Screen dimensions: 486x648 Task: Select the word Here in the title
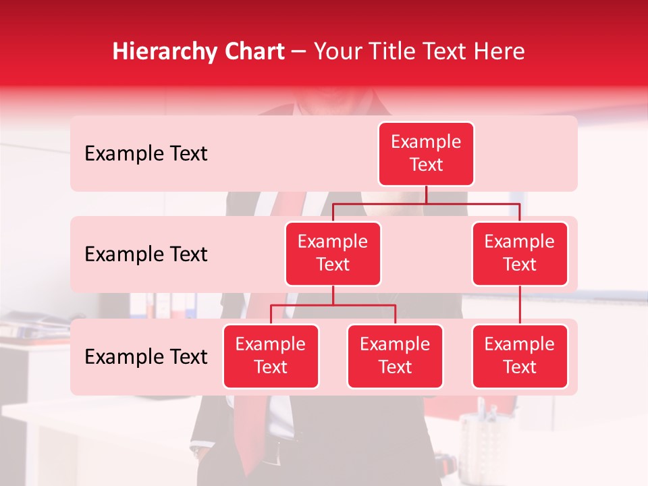(499, 51)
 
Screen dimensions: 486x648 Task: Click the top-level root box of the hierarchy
(426, 154)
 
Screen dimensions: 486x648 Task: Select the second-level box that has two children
(333, 254)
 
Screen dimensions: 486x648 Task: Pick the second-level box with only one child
(520, 254)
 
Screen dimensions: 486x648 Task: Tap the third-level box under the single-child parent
(520, 356)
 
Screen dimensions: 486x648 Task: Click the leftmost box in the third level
(271, 356)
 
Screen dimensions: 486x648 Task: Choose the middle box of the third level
(395, 356)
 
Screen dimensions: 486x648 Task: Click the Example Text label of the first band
(146, 154)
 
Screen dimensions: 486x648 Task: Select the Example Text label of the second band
(146, 254)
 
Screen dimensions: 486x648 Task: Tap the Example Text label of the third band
(146, 357)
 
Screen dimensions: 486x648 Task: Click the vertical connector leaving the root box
(426, 194)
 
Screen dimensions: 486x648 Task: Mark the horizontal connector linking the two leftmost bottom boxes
(333, 305)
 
